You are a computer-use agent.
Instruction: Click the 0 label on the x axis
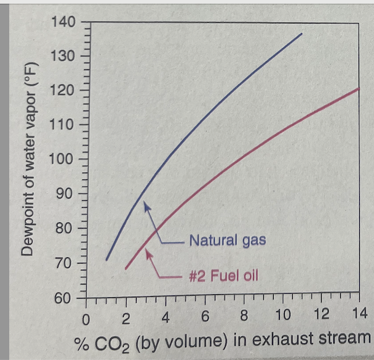tap(87, 319)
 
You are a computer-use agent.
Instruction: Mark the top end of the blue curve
tap(303, 33)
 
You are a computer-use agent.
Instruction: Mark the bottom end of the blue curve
tap(106, 260)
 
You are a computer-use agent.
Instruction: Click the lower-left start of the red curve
tap(125, 269)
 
